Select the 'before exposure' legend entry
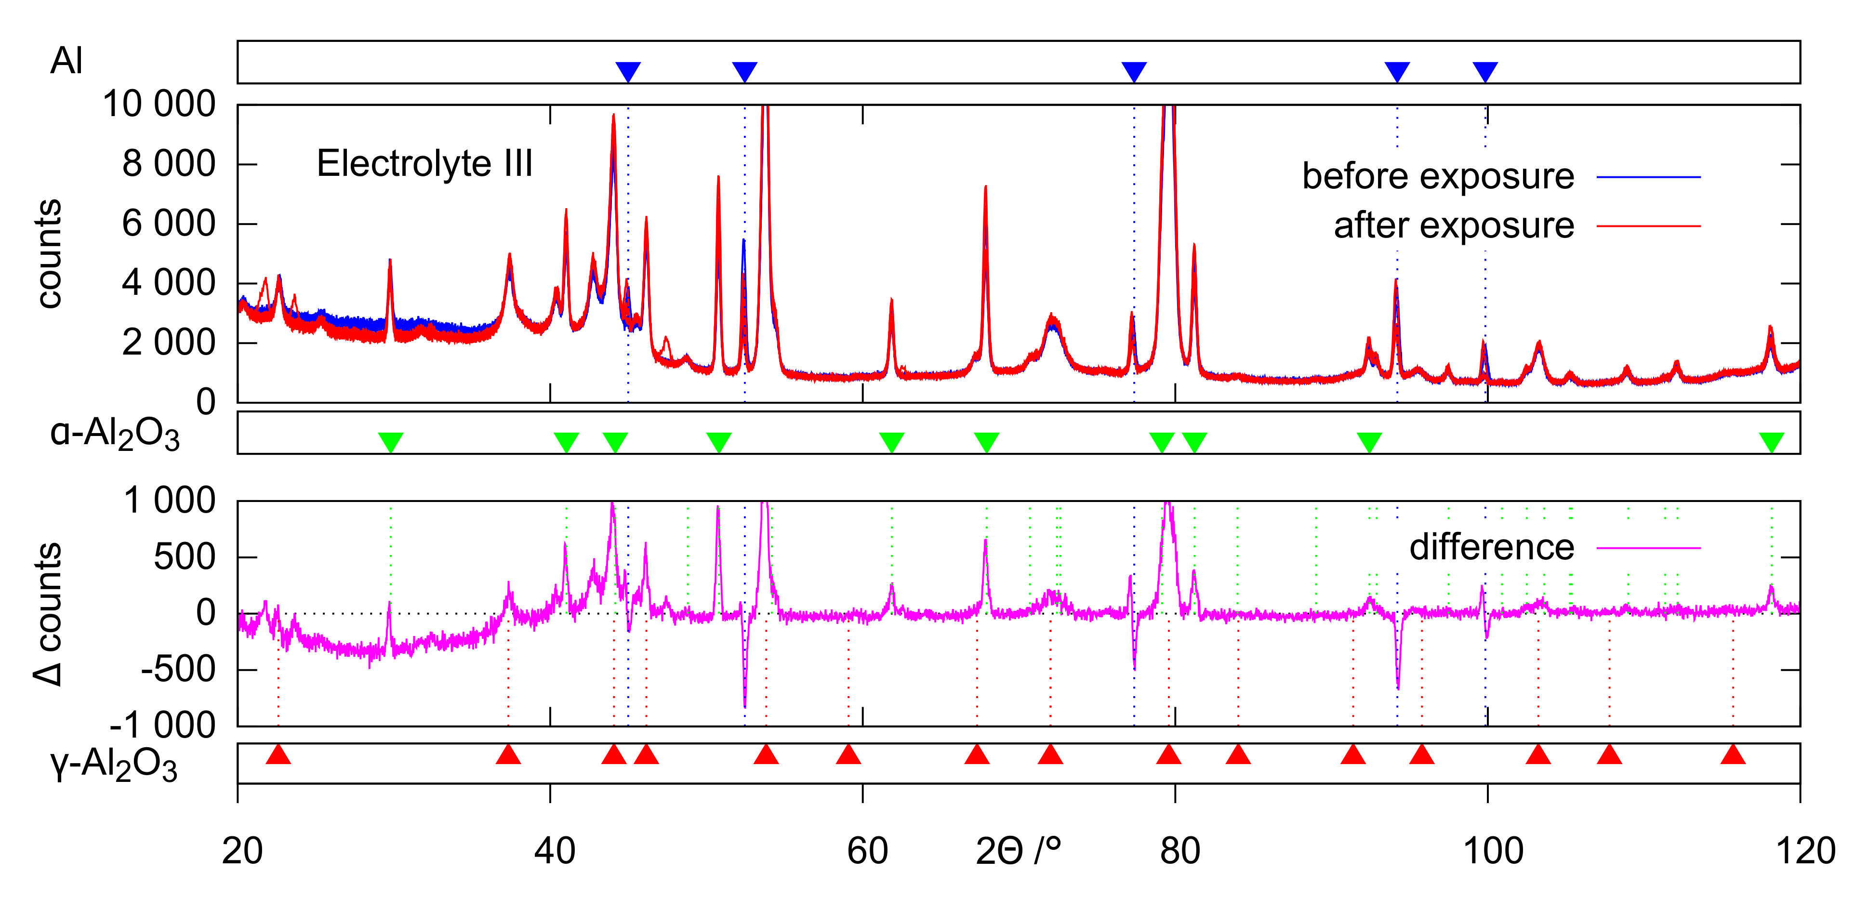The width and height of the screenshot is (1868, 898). click(1438, 177)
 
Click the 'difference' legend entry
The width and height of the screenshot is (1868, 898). click(1492, 548)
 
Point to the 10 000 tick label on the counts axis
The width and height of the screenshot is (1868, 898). click(159, 105)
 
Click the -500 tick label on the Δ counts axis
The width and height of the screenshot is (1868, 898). click(178, 670)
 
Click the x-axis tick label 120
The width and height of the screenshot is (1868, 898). click(1805, 851)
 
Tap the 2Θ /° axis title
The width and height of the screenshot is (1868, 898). click(1018, 851)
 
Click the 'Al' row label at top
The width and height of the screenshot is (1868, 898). click(66, 61)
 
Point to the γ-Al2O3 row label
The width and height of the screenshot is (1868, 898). click(114, 765)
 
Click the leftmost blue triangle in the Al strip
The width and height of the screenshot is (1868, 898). click(628, 71)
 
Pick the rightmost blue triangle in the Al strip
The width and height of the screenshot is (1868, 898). click(1485, 71)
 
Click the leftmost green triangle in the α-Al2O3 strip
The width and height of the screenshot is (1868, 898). click(391, 441)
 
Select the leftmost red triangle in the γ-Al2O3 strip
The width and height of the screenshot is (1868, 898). click(278, 755)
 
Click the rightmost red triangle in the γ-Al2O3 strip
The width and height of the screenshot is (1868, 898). click(1733, 755)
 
